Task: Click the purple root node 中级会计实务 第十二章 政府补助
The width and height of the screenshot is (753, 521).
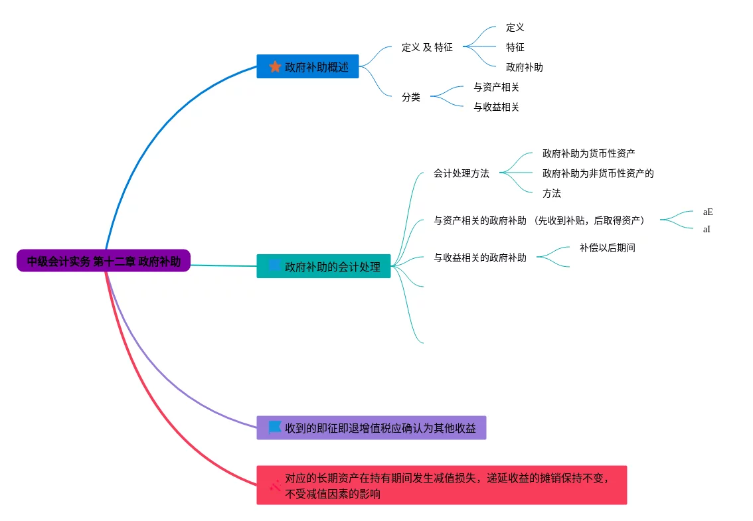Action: click(x=104, y=261)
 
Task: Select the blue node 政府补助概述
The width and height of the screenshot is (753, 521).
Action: click(x=307, y=66)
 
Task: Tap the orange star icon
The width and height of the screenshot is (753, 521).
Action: click(x=275, y=66)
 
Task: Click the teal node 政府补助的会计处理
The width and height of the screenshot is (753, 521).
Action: click(x=323, y=266)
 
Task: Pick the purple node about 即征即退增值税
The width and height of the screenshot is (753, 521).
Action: click(x=371, y=428)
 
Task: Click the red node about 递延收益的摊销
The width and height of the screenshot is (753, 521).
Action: click(x=442, y=485)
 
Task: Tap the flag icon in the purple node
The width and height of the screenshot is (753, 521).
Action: click(x=275, y=427)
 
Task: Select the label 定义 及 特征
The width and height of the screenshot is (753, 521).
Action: click(x=427, y=47)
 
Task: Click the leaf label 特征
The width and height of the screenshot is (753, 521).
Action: click(x=515, y=47)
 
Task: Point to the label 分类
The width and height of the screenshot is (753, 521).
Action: click(x=410, y=97)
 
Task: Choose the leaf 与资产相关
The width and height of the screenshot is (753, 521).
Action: click(x=496, y=87)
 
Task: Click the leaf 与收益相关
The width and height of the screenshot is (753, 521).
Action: click(x=496, y=107)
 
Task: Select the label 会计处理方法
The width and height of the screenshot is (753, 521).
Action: click(x=461, y=173)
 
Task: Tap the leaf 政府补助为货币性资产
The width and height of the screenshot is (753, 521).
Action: click(x=589, y=153)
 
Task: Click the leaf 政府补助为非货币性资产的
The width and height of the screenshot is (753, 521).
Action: click(x=598, y=173)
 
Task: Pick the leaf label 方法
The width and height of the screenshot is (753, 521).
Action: click(x=551, y=193)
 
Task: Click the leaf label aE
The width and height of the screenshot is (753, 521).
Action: click(x=708, y=212)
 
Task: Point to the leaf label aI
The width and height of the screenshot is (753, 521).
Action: click(x=707, y=230)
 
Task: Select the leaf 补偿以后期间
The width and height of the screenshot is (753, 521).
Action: click(x=607, y=248)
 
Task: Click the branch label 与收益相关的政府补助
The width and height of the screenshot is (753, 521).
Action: click(x=479, y=258)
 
